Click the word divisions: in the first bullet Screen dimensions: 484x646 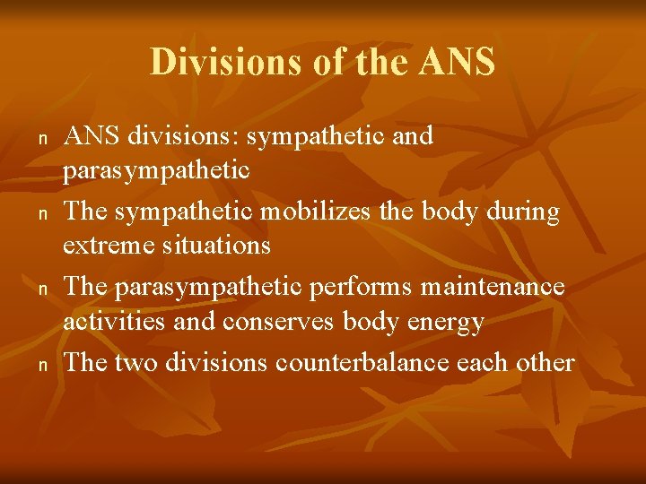pyautogui.click(x=184, y=137)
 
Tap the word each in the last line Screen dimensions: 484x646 pyautogui.click(x=482, y=363)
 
